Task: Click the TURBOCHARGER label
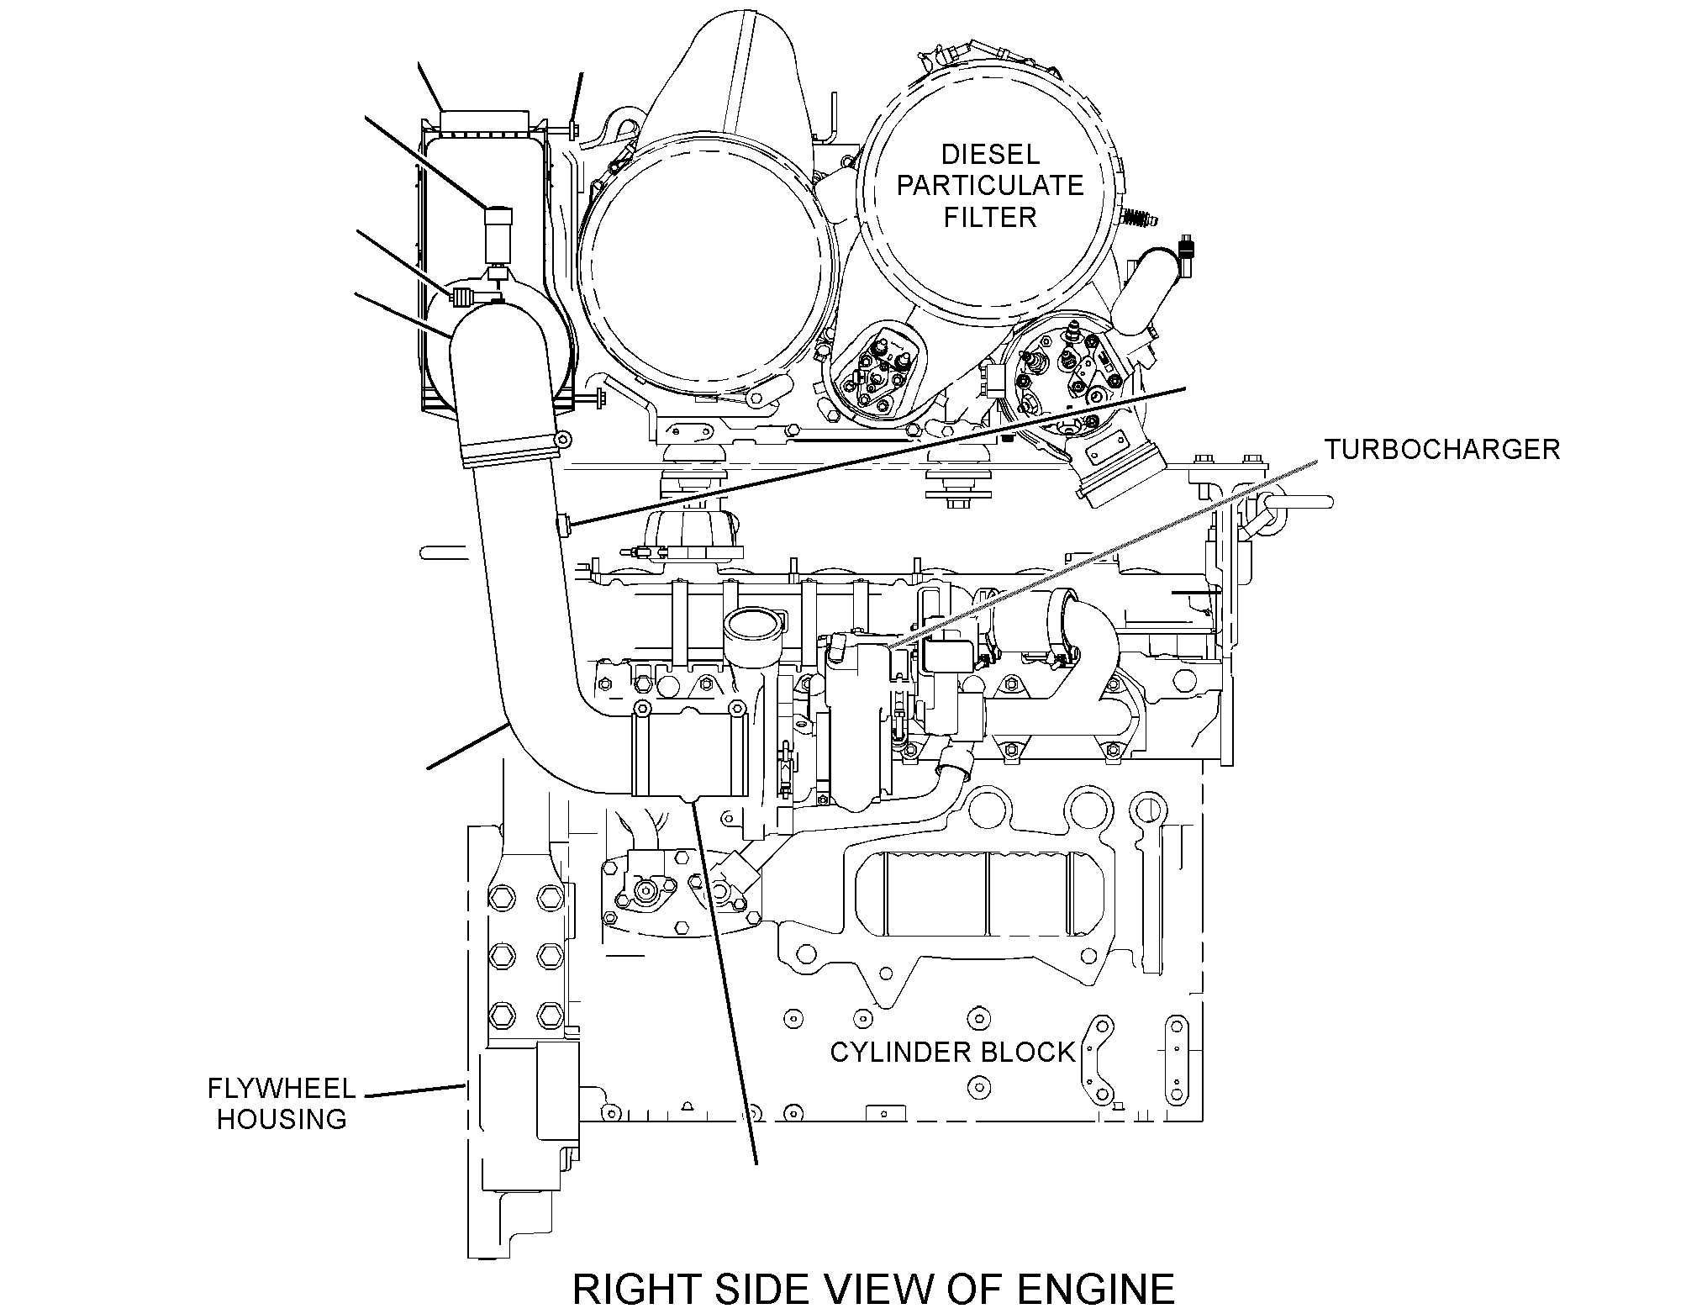1442,449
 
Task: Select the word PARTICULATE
990,185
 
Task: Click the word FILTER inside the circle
990,217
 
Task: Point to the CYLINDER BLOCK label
952,1052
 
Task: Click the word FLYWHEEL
282,1089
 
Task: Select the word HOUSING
282,1119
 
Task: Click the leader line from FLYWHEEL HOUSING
415,1091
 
